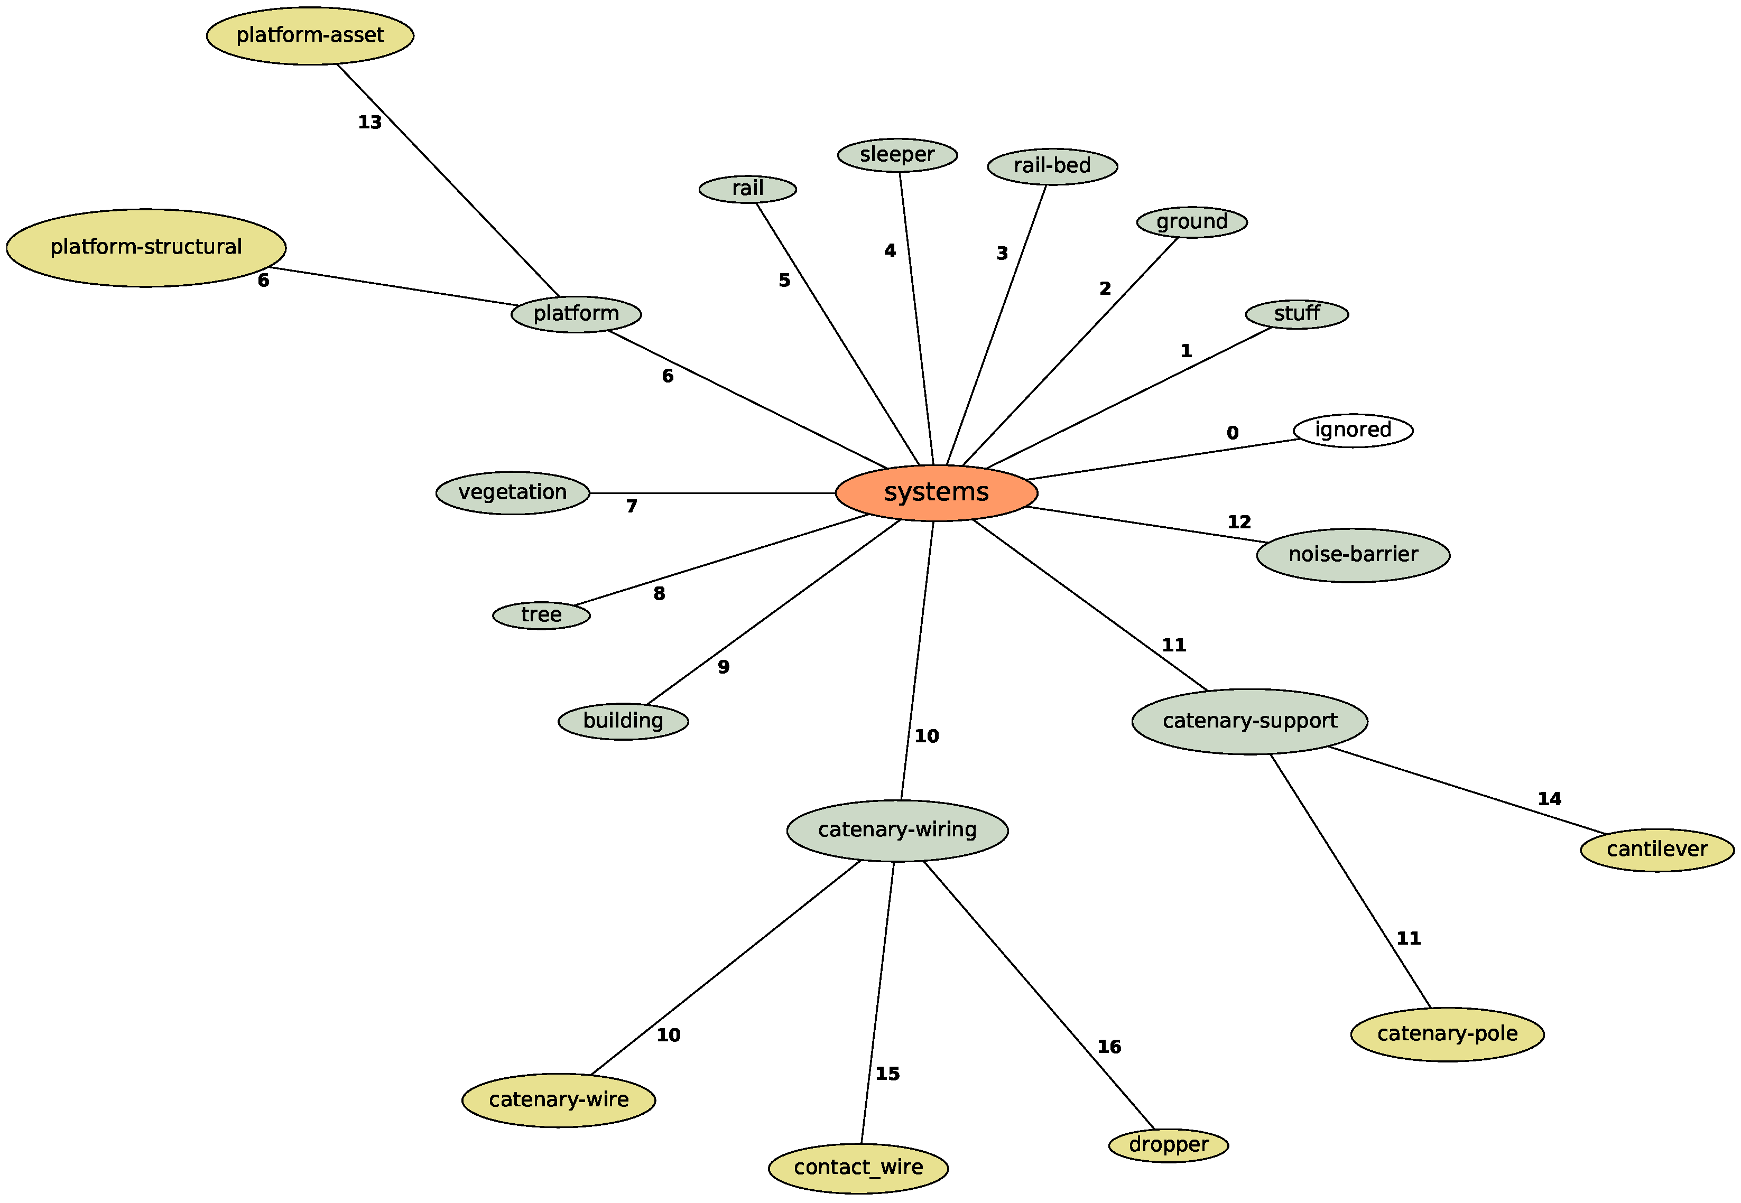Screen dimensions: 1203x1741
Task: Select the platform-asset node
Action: pyautogui.click(x=310, y=35)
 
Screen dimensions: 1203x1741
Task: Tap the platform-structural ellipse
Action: pyautogui.click(x=146, y=247)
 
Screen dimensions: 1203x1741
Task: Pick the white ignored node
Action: pyautogui.click(x=1353, y=431)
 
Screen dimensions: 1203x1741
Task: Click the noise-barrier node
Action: pyautogui.click(x=1353, y=555)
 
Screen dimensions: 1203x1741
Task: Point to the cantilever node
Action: pyautogui.click(x=1656, y=850)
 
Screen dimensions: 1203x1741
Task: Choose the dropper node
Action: pyautogui.click(x=1168, y=1145)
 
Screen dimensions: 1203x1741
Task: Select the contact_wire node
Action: pyautogui.click(x=858, y=1168)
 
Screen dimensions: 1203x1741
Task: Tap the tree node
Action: pyautogui.click(x=541, y=615)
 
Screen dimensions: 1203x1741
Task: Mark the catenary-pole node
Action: pyautogui.click(x=1447, y=1033)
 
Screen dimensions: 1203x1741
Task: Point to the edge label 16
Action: pyautogui.click(x=1108, y=1047)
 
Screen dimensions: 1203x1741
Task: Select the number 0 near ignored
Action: pyautogui.click(x=1232, y=433)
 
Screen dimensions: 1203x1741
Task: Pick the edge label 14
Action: pyautogui.click(x=1549, y=799)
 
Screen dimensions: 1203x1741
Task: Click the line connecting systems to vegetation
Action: pyautogui.click(x=712, y=493)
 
